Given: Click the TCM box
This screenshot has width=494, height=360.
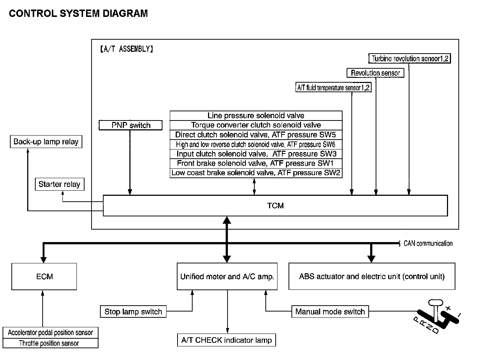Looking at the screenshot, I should click(x=275, y=206).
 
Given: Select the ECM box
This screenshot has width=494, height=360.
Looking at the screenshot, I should click(x=44, y=277).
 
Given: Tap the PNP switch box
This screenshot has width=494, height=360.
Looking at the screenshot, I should click(x=131, y=125).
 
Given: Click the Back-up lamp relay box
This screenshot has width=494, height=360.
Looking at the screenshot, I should click(x=46, y=142).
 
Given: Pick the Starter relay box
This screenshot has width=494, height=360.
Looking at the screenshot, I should click(x=59, y=184).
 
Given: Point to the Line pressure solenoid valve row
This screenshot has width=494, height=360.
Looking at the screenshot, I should click(x=256, y=116).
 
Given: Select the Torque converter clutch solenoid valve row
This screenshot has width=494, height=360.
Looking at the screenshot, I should click(x=256, y=125).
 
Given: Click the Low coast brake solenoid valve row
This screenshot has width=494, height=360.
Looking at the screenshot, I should click(x=256, y=173).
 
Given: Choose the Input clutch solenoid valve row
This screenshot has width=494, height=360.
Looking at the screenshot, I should click(x=256, y=154).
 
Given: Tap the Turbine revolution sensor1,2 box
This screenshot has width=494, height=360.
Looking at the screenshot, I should click(x=409, y=59).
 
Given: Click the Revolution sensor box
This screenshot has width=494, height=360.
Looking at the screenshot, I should click(x=375, y=73).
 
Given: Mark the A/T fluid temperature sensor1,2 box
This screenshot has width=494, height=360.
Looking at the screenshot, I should click(x=333, y=88).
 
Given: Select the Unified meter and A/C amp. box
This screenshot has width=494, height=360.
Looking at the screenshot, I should click(x=227, y=277).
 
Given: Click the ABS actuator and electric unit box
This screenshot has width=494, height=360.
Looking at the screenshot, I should click(x=372, y=277).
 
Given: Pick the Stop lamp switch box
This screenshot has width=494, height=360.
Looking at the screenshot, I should click(x=133, y=312).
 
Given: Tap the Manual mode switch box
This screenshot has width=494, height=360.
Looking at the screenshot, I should click(x=330, y=312).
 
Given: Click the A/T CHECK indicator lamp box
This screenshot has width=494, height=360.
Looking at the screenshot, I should click(x=226, y=340).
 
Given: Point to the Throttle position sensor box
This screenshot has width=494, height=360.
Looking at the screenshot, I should click(x=49, y=343).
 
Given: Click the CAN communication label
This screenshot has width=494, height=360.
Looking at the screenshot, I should click(x=428, y=244).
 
